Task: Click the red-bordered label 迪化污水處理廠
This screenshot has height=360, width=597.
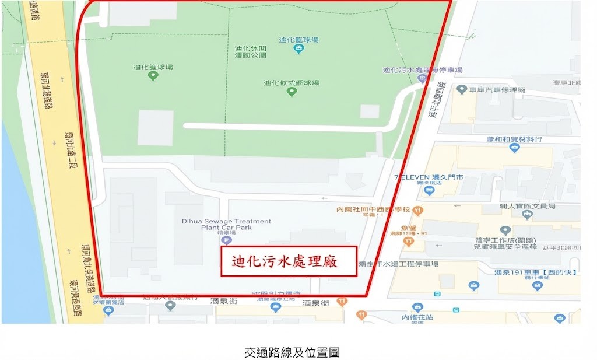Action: (x=289, y=261)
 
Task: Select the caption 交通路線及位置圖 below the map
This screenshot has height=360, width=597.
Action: (x=292, y=352)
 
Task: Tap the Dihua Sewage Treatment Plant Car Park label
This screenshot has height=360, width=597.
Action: (x=226, y=225)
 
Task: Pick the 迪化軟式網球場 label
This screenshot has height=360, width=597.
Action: (x=292, y=83)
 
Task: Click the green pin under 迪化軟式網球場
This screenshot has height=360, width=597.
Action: (x=292, y=92)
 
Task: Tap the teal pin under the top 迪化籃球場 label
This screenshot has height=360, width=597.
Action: (x=298, y=49)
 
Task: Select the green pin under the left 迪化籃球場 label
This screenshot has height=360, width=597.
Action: (x=153, y=76)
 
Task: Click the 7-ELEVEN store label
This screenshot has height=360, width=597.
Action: (x=429, y=177)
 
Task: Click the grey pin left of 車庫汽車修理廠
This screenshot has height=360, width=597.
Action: (x=462, y=90)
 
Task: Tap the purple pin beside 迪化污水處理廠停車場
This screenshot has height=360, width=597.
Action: (x=423, y=78)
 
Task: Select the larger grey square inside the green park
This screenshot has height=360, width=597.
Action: (x=155, y=128)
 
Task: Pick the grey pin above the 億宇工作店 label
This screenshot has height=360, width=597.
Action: (x=505, y=230)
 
